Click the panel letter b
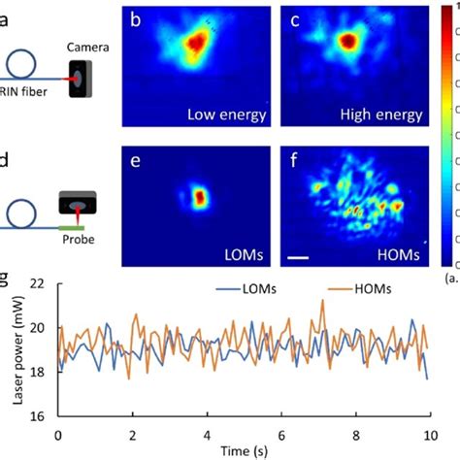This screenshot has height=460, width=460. pos(136,18)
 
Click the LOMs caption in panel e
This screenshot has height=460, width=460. pos(242,251)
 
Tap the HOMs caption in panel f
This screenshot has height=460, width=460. pos(398,251)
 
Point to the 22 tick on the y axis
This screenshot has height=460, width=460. pos(41,283)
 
